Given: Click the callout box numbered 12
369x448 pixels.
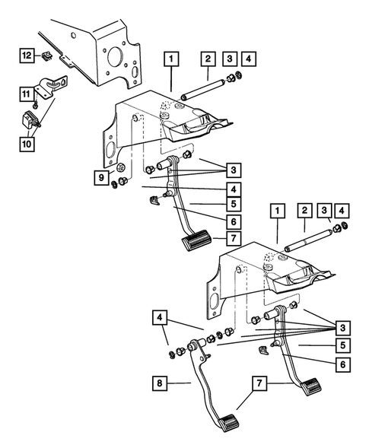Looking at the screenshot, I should tap(27, 55).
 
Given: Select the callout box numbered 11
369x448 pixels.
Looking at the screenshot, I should tap(27, 94).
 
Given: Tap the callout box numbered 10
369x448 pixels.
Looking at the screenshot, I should tap(27, 142).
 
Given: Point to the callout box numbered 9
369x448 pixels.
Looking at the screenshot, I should tap(100, 178).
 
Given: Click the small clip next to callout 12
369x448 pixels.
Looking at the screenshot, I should tap(46, 56).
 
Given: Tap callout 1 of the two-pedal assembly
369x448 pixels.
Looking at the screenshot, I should tap(277, 210).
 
